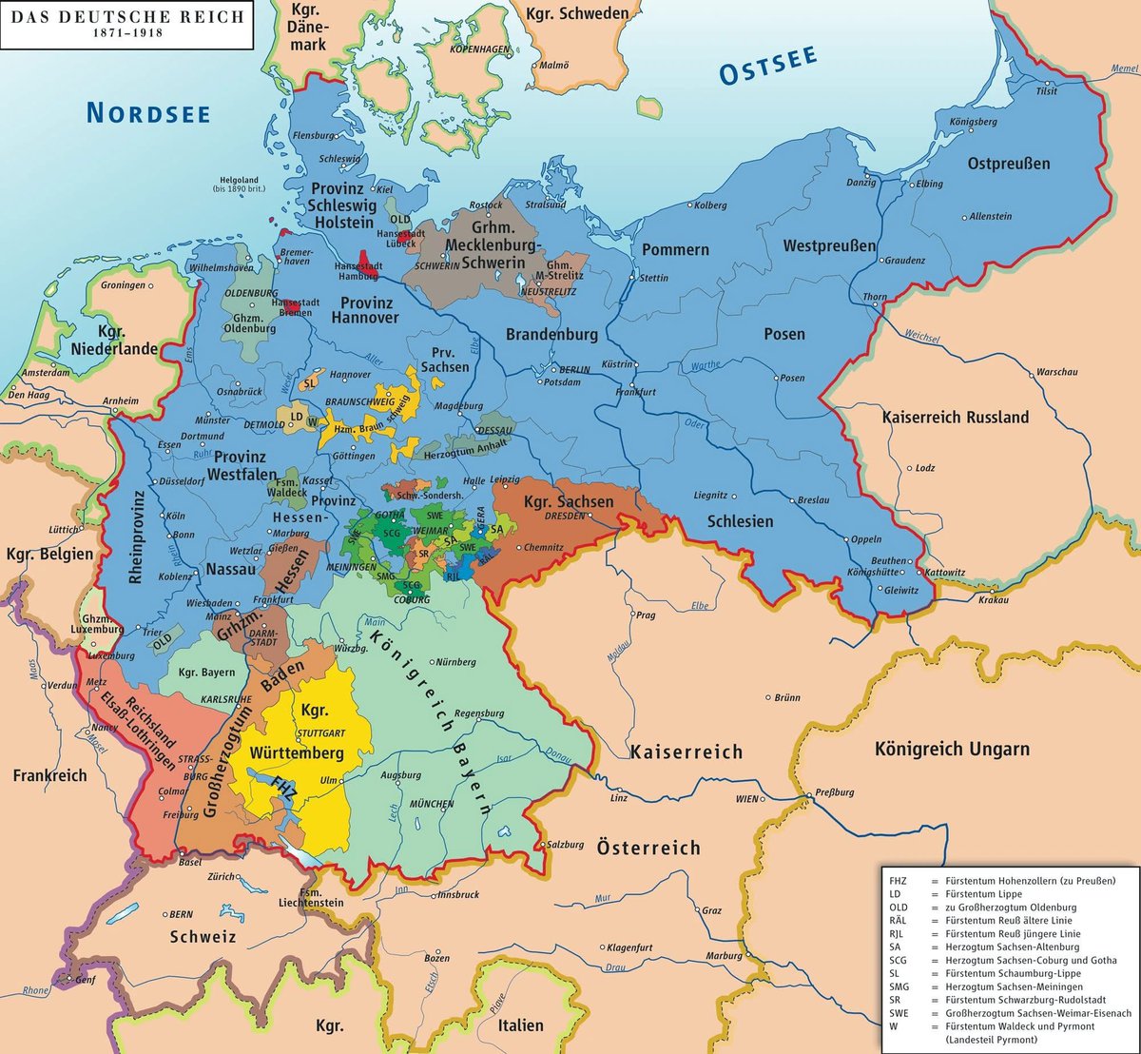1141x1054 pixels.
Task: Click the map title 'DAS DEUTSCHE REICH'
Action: tap(126, 17)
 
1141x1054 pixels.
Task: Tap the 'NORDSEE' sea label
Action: tap(147, 112)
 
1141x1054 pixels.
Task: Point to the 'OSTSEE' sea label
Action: tap(767, 67)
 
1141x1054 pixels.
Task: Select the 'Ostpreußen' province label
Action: tap(1009, 164)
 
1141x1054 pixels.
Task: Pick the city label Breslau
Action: tap(815, 500)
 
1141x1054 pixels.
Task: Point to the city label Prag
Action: tap(647, 615)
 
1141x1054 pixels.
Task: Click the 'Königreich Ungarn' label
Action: tap(952, 750)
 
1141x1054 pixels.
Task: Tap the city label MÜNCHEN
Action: tap(431, 804)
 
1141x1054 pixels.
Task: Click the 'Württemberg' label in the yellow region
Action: tap(296, 752)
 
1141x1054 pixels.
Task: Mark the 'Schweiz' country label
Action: tap(202, 936)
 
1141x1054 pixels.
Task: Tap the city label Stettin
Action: tap(655, 279)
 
